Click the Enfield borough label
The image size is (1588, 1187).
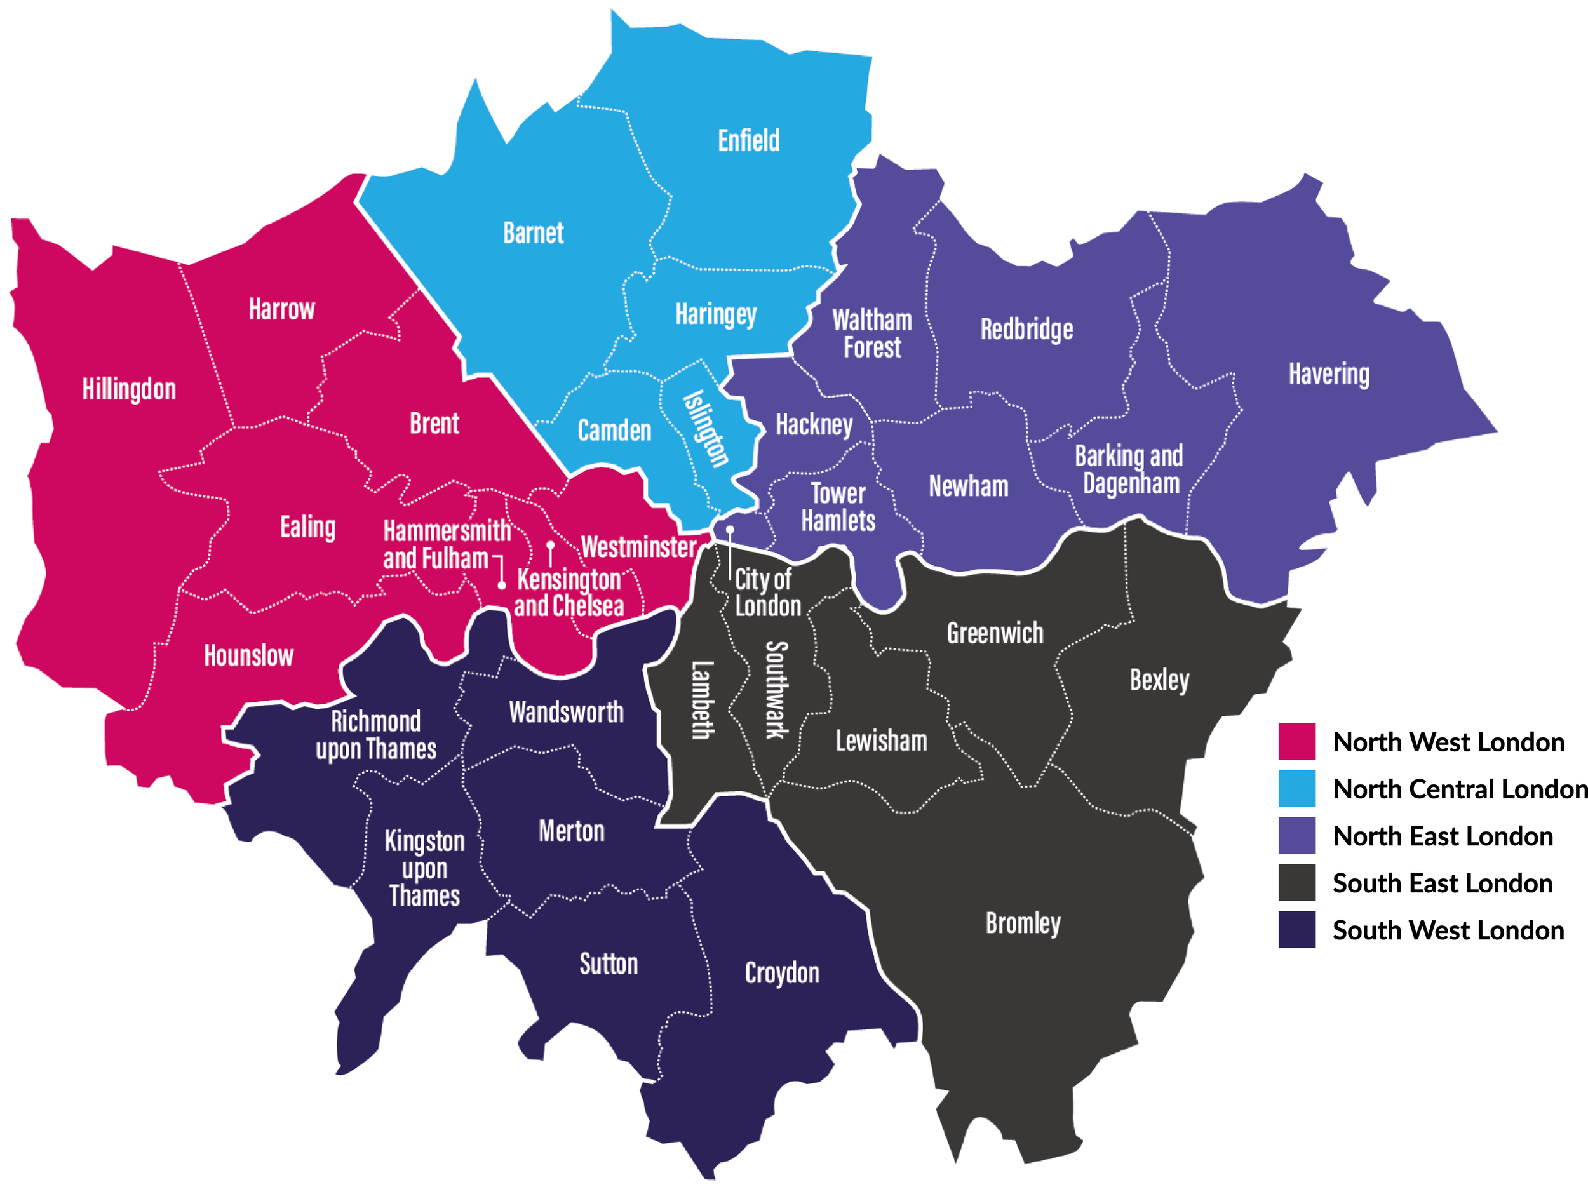(x=748, y=140)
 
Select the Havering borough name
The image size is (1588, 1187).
(x=1328, y=374)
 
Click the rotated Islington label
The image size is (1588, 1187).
(x=706, y=429)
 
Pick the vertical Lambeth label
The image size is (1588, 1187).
(x=702, y=700)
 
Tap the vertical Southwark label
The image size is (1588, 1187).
(x=776, y=690)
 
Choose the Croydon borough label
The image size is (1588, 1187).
(x=782, y=973)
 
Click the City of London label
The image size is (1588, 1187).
(x=767, y=593)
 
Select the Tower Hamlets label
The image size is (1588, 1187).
(x=838, y=507)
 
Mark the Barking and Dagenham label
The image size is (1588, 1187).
(x=1129, y=469)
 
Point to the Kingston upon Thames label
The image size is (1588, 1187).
(x=424, y=868)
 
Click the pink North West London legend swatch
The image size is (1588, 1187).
(x=1296, y=741)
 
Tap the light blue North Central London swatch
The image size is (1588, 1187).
(x=1296, y=789)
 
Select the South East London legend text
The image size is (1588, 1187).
(x=1441, y=883)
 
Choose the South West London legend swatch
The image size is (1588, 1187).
(x=1296, y=930)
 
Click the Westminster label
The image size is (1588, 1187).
(x=638, y=547)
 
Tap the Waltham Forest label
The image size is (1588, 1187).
(x=871, y=333)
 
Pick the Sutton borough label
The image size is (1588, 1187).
(x=608, y=964)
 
